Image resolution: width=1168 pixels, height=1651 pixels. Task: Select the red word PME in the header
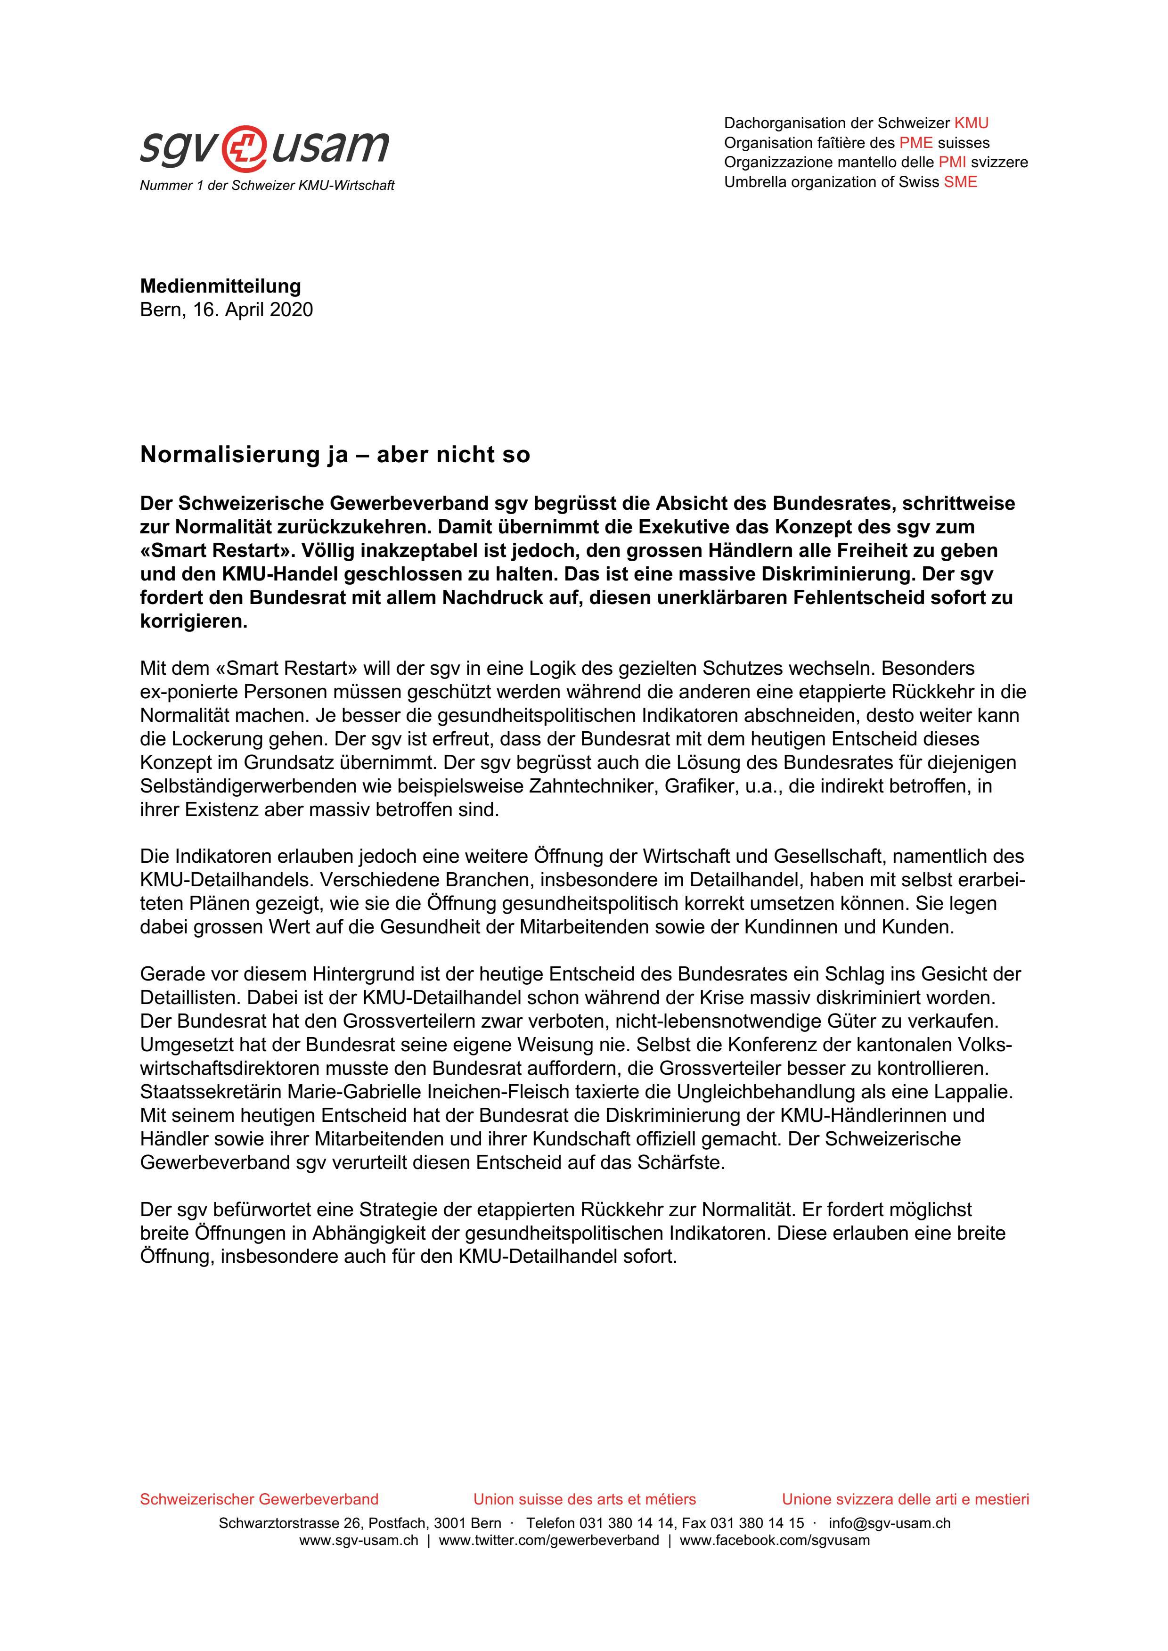915,142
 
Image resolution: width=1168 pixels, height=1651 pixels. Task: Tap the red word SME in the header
960,182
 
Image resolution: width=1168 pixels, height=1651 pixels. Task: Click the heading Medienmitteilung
220,286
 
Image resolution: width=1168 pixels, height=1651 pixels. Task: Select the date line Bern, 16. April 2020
227,310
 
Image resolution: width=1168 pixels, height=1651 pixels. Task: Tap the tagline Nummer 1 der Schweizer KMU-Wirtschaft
267,186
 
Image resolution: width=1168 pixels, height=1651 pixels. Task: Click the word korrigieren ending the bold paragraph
193,621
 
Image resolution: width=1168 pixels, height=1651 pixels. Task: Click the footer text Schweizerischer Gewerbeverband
259,1499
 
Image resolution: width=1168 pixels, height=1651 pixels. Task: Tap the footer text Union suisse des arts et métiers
584,1499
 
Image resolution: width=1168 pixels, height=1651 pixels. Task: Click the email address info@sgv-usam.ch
889,1523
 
